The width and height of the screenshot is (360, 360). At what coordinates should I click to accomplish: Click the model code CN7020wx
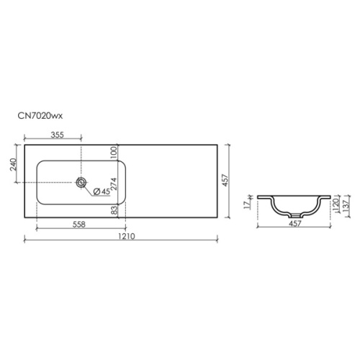(x=40, y=116)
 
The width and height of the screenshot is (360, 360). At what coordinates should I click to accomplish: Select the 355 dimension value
(x=58, y=135)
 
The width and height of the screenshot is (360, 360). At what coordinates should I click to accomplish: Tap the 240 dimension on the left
(x=13, y=164)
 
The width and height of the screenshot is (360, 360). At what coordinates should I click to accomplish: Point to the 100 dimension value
(x=114, y=153)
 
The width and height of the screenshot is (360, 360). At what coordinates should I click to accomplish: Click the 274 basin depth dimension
(x=114, y=184)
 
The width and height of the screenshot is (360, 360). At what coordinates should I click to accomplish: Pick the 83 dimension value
(x=115, y=210)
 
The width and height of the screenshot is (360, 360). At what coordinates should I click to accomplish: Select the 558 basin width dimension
(x=78, y=225)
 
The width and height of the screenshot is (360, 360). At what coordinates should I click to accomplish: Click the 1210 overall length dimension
(x=127, y=236)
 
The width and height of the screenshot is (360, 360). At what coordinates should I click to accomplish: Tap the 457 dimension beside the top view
(x=225, y=180)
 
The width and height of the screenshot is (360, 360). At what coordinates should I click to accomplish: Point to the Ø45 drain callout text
(x=102, y=192)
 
